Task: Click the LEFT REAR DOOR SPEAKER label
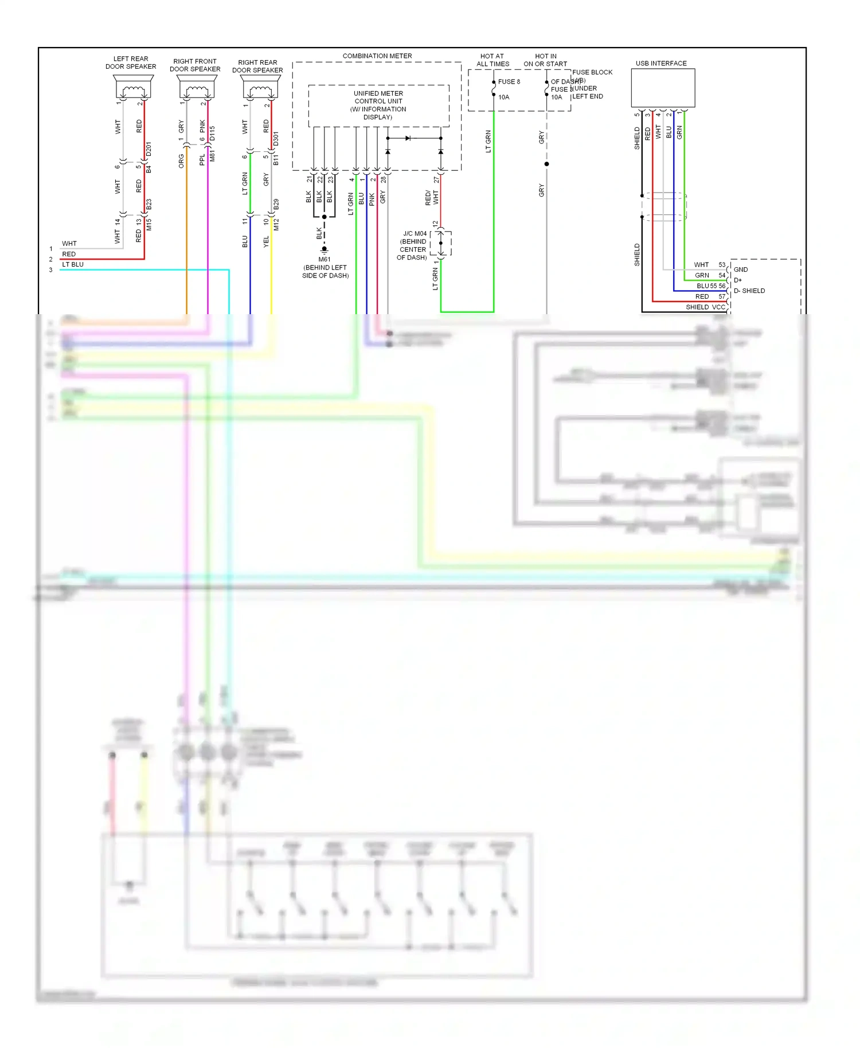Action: [x=131, y=62]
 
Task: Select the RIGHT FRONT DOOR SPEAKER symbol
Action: [x=197, y=89]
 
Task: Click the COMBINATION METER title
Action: [x=377, y=56]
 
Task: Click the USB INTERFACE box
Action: [x=663, y=88]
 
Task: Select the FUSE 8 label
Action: [x=509, y=82]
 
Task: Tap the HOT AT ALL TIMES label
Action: [x=492, y=60]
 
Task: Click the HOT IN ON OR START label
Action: [x=545, y=60]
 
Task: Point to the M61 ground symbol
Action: [x=324, y=250]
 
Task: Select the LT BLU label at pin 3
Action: [x=73, y=264]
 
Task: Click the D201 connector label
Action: [x=149, y=150]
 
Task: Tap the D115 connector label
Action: [x=213, y=134]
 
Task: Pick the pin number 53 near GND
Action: [x=722, y=265]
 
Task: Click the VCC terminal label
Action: [x=718, y=307]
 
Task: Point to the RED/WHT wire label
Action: [x=432, y=198]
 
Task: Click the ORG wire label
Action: [x=181, y=161]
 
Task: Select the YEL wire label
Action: [x=266, y=242]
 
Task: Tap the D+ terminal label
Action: [x=738, y=280]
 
